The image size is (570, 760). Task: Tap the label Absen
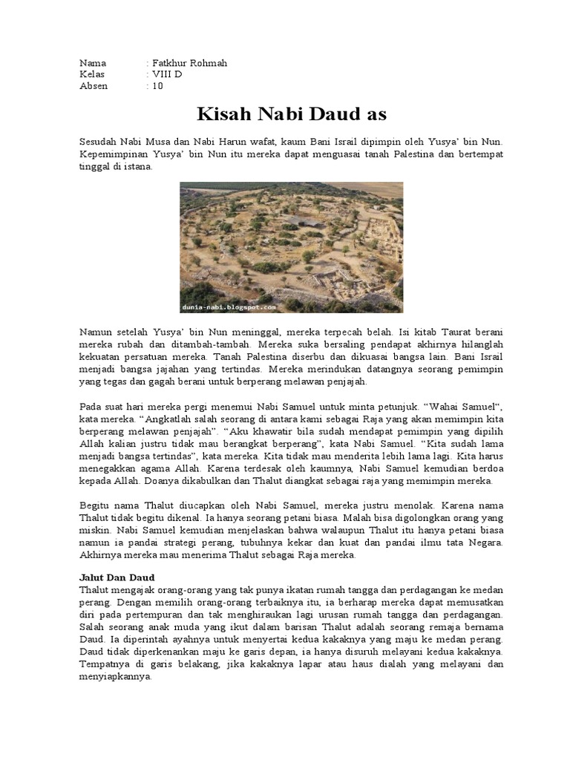click(94, 85)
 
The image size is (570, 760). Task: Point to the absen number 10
click(157, 85)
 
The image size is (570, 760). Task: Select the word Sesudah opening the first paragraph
click(100, 141)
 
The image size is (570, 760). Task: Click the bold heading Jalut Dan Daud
click(117, 577)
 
